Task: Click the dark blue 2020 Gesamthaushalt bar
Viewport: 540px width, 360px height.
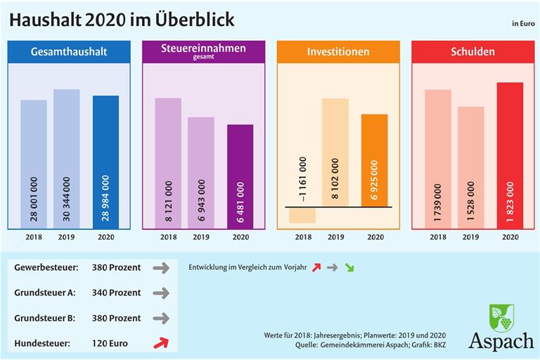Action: coord(105,162)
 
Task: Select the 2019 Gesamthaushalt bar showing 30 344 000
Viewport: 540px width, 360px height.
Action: coord(67,159)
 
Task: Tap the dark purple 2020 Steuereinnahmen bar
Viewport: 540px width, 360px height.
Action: coord(240,176)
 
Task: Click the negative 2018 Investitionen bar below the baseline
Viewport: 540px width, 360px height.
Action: coord(302,215)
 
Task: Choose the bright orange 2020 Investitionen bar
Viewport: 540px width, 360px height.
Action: coord(374,160)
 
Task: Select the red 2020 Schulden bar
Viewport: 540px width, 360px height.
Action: coord(510,155)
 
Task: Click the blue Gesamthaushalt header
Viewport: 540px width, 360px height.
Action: coord(69,52)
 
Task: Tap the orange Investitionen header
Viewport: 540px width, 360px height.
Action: coord(338,52)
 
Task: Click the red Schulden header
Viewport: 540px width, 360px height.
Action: coord(472,52)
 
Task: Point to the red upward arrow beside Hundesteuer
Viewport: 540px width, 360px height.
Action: coord(162,342)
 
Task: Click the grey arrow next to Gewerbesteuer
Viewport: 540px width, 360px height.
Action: coord(162,268)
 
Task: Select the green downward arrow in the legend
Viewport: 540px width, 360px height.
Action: coord(349,268)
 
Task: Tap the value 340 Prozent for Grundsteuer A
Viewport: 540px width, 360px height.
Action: coord(116,292)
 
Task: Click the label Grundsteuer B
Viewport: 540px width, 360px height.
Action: coord(44,318)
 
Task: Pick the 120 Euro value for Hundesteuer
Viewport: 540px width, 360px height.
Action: coord(109,343)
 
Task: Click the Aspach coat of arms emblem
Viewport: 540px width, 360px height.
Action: coord(501,318)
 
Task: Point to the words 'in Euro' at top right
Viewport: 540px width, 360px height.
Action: coord(523,24)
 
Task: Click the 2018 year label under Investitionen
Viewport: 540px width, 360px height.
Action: coord(303,237)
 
